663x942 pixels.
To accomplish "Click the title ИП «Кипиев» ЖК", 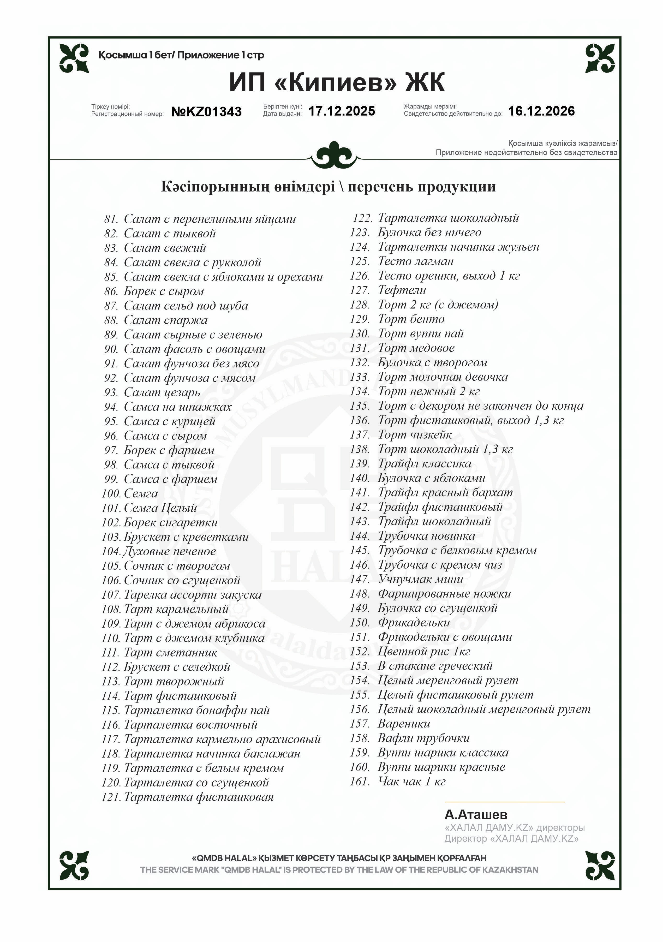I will [336, 82].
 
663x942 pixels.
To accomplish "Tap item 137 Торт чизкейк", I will [414, 434].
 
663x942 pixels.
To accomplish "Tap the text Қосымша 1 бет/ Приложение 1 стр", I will [181, 55].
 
